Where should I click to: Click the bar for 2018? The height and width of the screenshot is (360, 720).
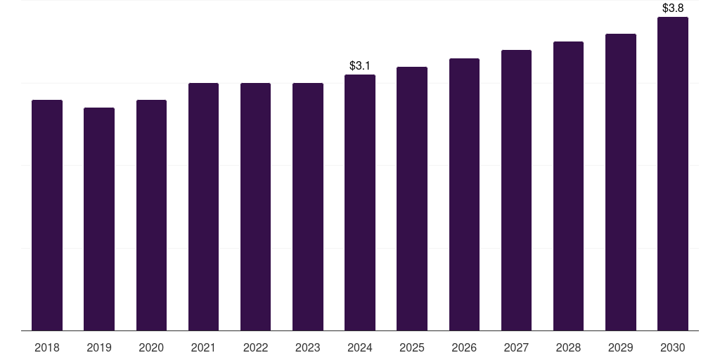point(47,215)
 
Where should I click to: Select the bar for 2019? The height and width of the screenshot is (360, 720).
point(99,219)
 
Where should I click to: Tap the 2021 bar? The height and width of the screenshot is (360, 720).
point(203,207)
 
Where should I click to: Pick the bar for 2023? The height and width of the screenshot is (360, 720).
point(308,207)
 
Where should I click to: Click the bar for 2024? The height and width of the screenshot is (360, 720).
point(360,202)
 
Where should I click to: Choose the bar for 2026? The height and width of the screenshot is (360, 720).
point(464,195)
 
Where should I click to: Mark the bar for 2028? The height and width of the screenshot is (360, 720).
point(568,186)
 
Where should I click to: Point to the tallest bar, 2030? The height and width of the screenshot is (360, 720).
point(673,174)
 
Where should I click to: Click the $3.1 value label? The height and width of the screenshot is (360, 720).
point(359,65)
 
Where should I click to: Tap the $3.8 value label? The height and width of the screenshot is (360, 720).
point(673,8)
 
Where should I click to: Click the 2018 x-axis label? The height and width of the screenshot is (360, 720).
point(47,348)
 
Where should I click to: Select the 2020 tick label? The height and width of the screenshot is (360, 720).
point(151,348)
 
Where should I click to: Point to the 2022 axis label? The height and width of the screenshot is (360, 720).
point(255,348)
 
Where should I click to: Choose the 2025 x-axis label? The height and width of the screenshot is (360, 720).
point(412,348)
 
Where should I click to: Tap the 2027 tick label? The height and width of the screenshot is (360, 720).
point(516,348)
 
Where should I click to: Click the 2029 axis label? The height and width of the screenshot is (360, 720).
point(620,348)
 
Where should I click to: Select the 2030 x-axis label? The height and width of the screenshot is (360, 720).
point(673,348)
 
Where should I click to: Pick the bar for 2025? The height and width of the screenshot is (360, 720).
point(412,199)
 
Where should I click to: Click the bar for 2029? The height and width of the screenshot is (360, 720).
point(621,182)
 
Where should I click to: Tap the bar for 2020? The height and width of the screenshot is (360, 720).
point(151,215)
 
